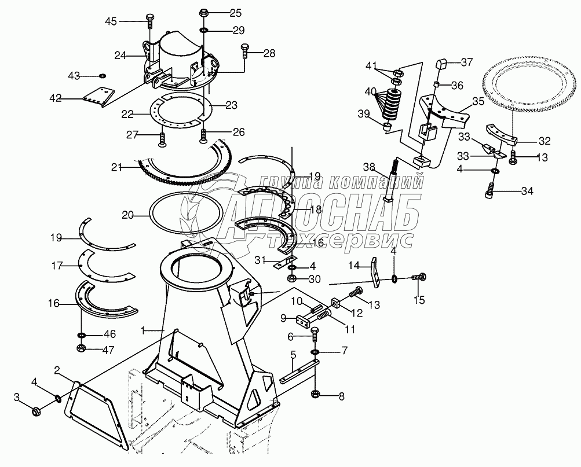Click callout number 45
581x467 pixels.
[111, 21]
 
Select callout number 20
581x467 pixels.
[128, 215]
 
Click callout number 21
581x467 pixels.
[117, 167]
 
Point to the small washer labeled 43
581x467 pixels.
[102, 75]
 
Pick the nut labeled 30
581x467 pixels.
[293, 278]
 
